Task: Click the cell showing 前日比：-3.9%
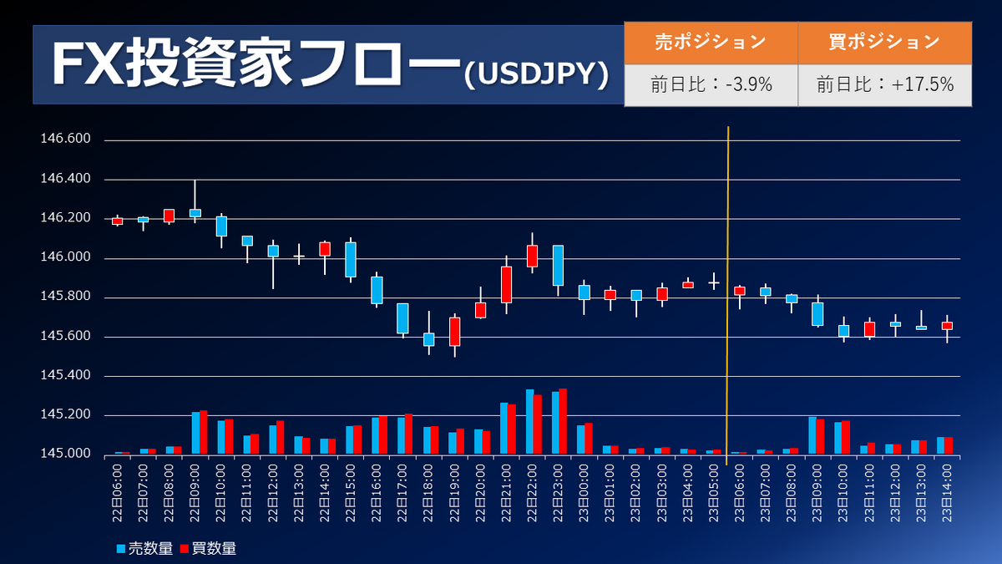(711, 84)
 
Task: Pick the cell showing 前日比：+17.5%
(884, 84)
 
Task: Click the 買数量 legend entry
(208, 548)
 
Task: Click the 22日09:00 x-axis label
(195, 493)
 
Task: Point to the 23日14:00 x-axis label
(947, 493)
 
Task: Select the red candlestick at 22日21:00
(506, 285)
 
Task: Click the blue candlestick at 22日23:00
(558, 266)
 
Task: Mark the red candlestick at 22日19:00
(454, 332)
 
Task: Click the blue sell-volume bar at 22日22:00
(530, 422)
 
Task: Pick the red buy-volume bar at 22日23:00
(563, 422)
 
